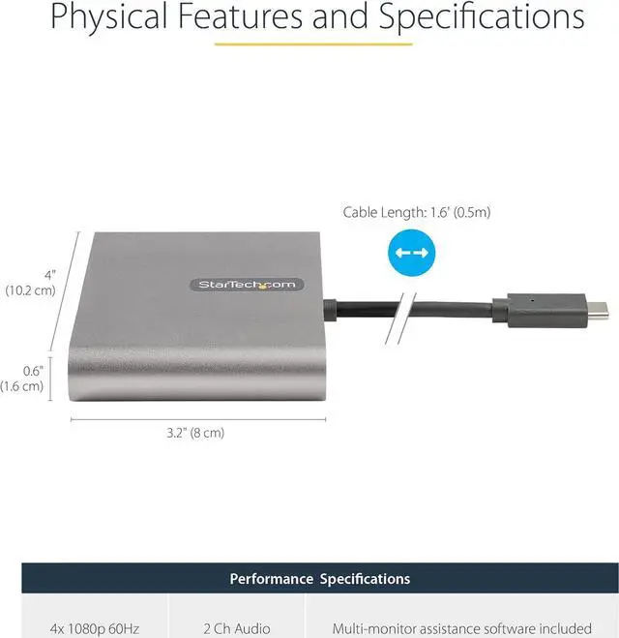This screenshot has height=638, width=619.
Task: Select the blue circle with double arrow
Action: pyautogui.click(x=412, y=254)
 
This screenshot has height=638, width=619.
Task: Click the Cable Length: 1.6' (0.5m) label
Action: pyautogui.click(x=409, y=212)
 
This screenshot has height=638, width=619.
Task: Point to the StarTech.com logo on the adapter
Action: pyautogui.click(x=246, y=284)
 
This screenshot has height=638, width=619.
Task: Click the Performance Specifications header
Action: pyautogui.click(x=319, y=579)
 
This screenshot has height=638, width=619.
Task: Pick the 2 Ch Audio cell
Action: pyautogui.click(x=236, y=628)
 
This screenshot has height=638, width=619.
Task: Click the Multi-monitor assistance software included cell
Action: pyautogui.click(x=460, y=628)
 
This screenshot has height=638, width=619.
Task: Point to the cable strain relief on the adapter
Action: pyautogui.click(x=329, y=309)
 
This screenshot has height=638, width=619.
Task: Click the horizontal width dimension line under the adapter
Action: pyautogui.click(x=198, y=419)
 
